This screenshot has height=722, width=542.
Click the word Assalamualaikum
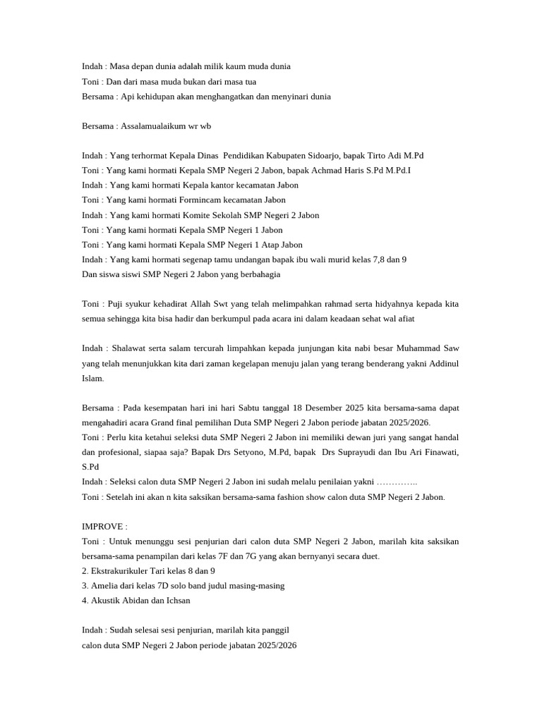pyautogui.click(x=154, y=126)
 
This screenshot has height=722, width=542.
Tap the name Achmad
pyautogui.click(x=332, y=170)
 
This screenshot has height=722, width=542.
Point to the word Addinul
pyautogui.click(x=440, y=363)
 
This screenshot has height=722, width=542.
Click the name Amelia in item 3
pyautogui.click(x=107, y=585)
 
